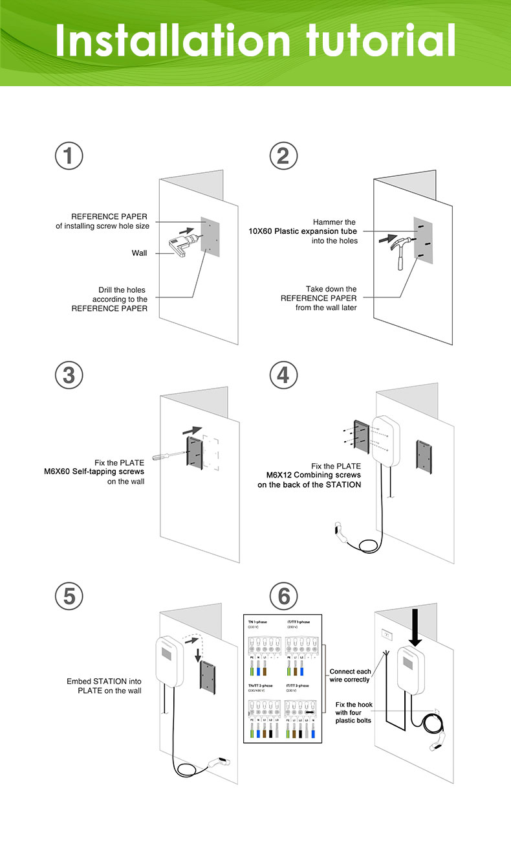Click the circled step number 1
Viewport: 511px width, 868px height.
click(69, 157)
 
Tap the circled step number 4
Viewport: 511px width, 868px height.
click(283, 375)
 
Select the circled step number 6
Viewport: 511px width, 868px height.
click(283, 595)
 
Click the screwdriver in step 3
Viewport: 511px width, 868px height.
click(168, 456)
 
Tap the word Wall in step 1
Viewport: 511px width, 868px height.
click(140, 253)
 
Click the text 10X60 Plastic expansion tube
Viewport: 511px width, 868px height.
click(303, 231)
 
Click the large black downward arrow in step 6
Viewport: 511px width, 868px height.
click(415, 626)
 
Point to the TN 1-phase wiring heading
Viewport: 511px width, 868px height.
click(257, 622)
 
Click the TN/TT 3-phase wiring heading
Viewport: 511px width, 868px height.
click(261, 685)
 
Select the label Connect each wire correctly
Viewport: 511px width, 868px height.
click(350, 676)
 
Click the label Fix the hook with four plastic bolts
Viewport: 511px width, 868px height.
click(353, 712)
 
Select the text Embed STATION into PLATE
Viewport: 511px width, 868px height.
click(104, 686)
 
